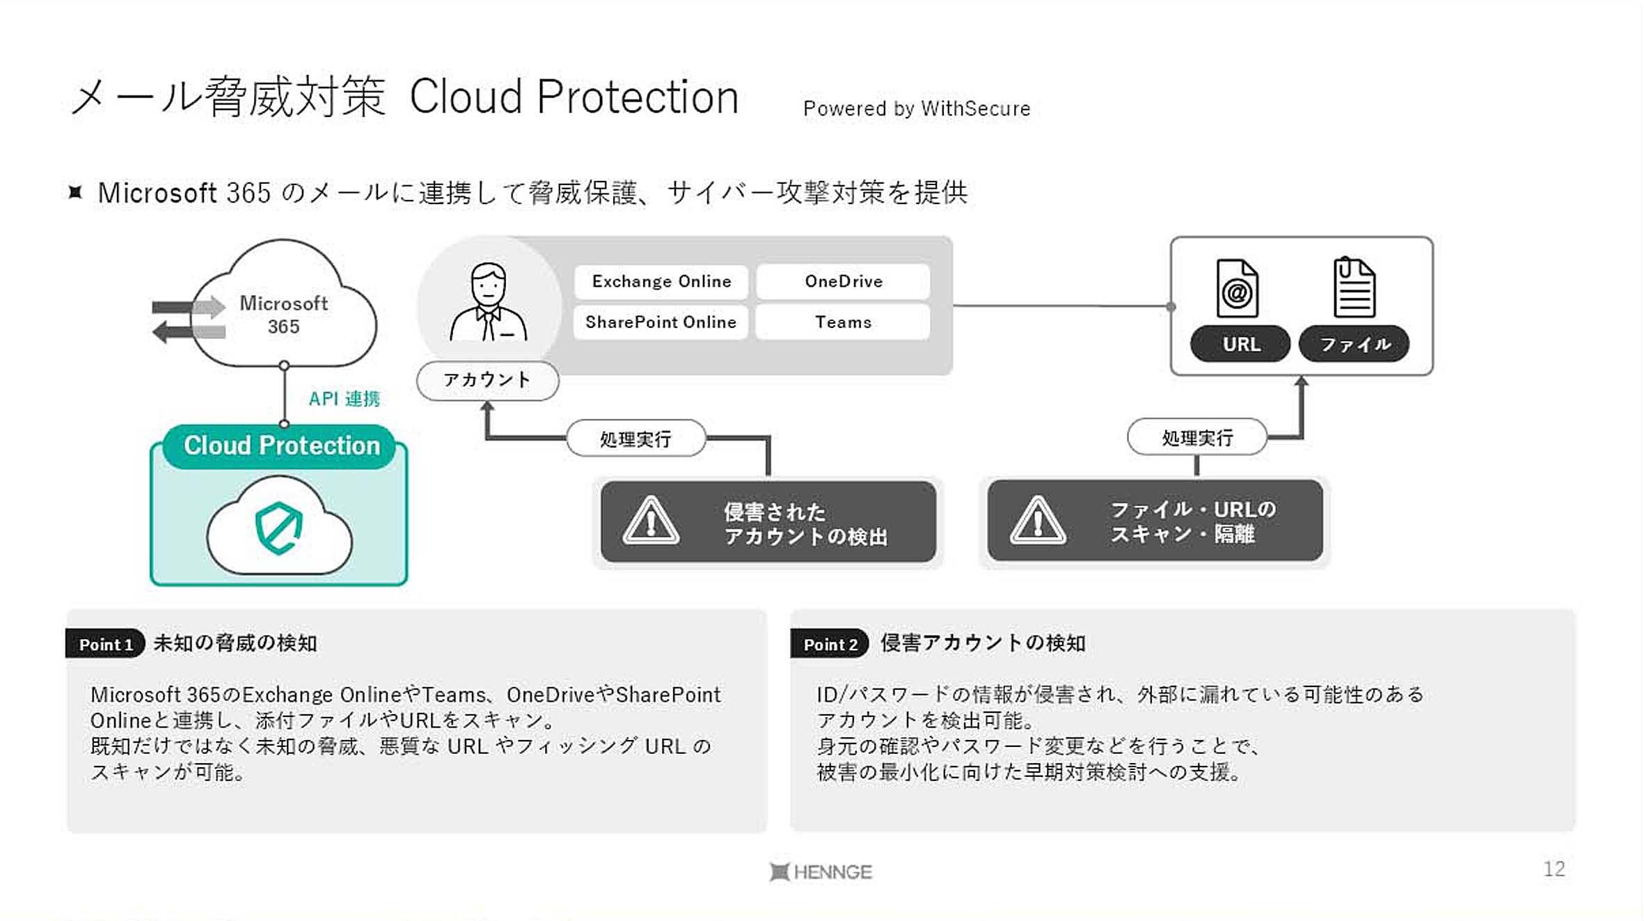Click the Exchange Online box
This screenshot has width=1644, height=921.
(661, 281)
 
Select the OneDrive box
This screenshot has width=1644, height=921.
(844, 281)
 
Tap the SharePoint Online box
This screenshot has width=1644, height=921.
(661, 322)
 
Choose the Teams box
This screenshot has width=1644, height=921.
(844, 322)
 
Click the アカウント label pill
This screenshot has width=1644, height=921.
(487, 380)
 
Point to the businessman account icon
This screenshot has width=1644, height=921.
(489, 301)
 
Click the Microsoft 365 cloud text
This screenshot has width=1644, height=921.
(284, 315)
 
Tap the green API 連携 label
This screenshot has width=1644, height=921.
(345, 399)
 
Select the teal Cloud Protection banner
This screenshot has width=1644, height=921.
(280, 446)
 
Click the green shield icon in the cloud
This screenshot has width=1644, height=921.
(278, 528)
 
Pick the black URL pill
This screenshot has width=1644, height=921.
(1240, 344)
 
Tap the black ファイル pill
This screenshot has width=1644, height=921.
(1354, 344)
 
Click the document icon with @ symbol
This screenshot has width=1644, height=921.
(1237, 288)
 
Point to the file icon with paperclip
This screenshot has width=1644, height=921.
(1354, 287)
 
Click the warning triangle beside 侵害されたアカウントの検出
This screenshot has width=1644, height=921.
(651, 521)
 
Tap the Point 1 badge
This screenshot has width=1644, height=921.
(105, 644)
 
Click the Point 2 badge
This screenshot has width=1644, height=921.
(830, 644)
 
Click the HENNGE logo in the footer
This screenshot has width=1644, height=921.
(821, 872)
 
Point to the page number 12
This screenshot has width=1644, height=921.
(1554, 869)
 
